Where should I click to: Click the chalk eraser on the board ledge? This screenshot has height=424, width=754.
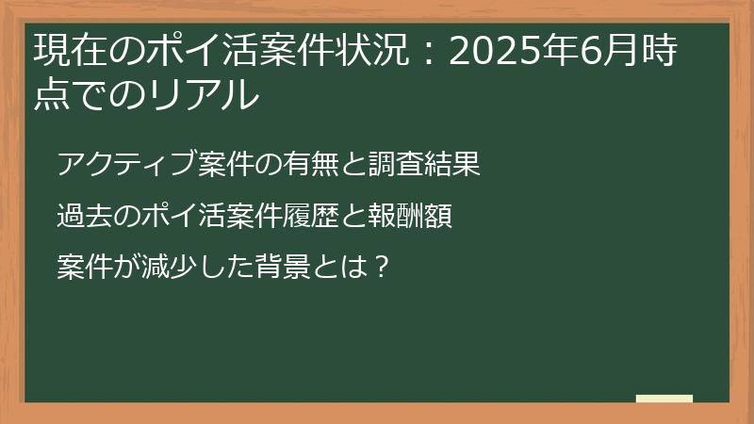[664, 399]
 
